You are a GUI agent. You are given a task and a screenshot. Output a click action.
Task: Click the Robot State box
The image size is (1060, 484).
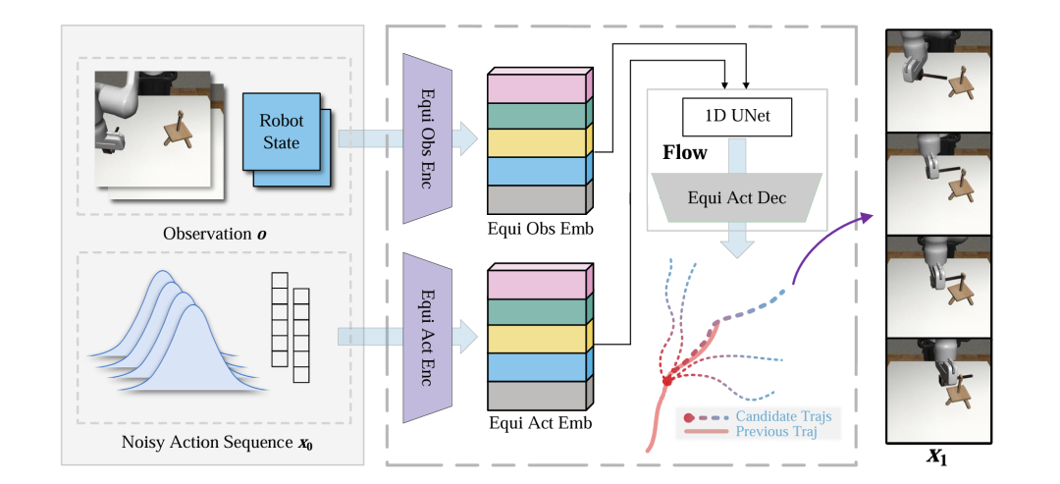pyautogui.click(x=281, y=134)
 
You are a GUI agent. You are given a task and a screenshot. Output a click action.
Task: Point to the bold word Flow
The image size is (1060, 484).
pyautogui.click(x=684, y=153)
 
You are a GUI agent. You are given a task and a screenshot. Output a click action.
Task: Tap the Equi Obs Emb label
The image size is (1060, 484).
pyautogui.click(x=535, y=230)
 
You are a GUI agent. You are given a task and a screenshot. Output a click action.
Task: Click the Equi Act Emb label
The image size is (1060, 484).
pyautogui.click(x=535, y=424)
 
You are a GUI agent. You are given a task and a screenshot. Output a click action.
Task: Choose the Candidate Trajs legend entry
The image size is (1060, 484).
pyautogui.click(x=783, y=416)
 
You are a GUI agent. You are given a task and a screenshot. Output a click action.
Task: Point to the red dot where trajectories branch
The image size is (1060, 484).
pyautogui.click(x=667, y=380)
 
